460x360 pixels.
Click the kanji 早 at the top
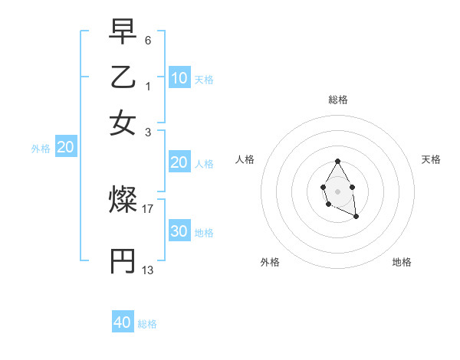(123, 33)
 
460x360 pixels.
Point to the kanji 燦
(123, 201)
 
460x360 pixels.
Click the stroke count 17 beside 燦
(147, 208)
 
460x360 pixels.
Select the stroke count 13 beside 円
(147, 270)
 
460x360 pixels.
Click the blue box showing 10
(179, 78)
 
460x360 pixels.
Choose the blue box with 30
(179, 232)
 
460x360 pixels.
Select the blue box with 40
(123, 322)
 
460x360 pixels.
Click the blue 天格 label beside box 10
(204, 80)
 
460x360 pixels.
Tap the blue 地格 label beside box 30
(204, 233)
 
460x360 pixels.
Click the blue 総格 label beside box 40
(147, 324)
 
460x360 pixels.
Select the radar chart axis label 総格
(338, 100)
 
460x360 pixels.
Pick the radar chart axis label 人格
(245, 159)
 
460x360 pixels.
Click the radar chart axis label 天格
(431, 159)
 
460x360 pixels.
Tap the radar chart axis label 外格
(270, 262)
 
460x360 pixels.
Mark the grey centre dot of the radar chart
(337, 191)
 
